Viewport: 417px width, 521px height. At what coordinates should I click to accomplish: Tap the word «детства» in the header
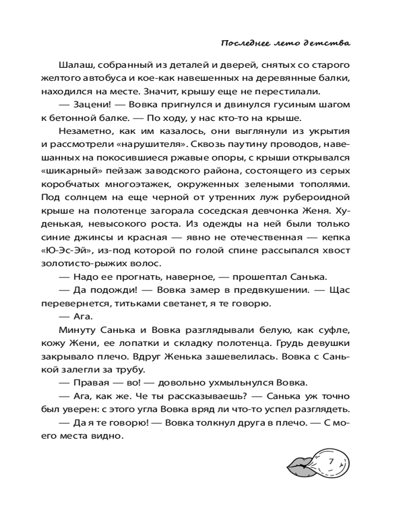click(331, 42)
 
